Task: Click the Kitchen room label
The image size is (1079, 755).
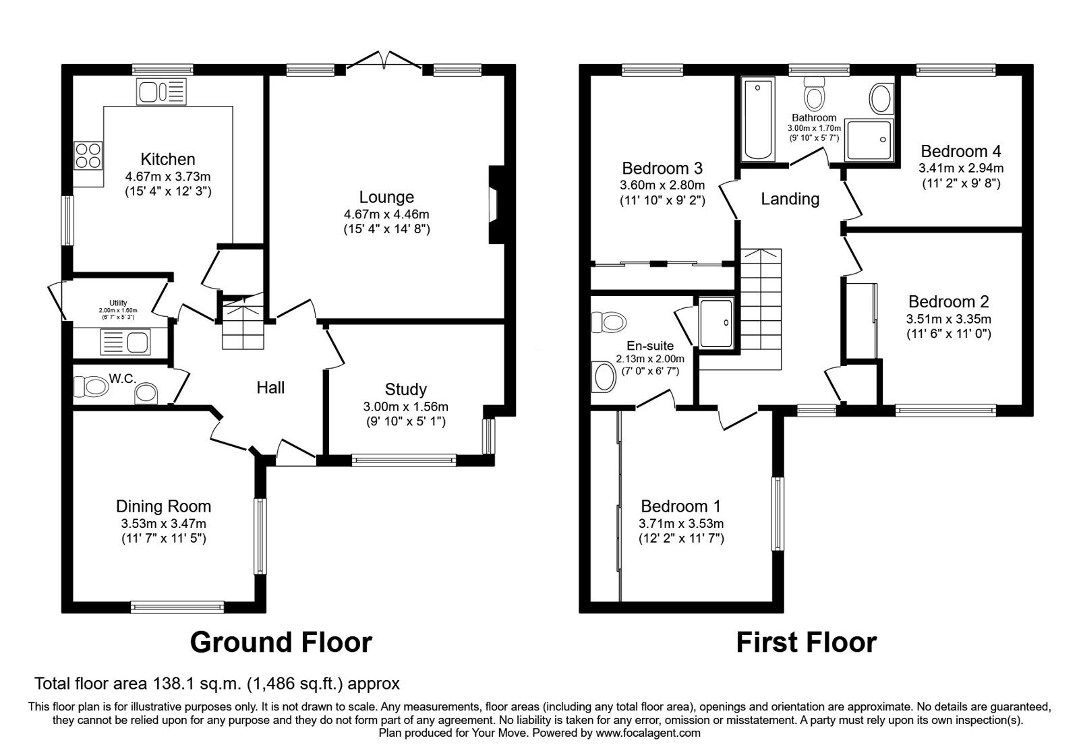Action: point(168,159)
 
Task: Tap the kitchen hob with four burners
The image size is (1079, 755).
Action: point(88,155)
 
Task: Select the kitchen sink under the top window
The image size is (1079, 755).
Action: point(161,92)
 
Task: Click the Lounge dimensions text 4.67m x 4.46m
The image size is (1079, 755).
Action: point(386,214)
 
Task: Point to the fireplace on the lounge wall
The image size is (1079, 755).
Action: point(494,204)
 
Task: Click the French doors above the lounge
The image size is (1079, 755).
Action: point(384,61)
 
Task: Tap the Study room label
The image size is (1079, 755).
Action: point(405,389)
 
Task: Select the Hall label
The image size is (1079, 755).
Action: point(270,387)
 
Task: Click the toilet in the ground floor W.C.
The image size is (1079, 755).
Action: point(91,387)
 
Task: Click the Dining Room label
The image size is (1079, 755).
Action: point(163,506)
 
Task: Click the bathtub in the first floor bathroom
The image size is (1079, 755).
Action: point(758,119)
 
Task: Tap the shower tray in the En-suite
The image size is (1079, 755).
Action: point(715,322)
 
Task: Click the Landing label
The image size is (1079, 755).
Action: point(790,199)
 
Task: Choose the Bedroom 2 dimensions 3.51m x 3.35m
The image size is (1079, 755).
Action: point(950,319)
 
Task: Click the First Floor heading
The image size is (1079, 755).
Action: point(806,642)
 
